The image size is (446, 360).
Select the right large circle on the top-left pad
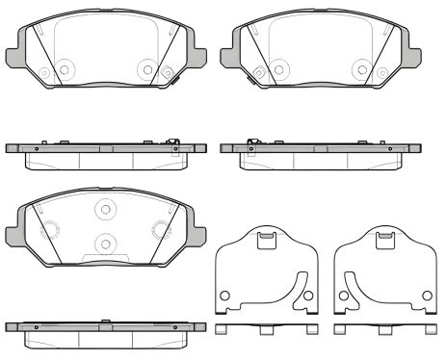(x=145, y=68)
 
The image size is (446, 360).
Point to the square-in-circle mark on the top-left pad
(x=168, y=70)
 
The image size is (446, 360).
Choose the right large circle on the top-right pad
(x=361, y=68)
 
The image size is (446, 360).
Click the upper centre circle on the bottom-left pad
(x=104, y=210)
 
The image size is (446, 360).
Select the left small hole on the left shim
(x=224, y=295)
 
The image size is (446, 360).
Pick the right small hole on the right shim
(x=423, y=295)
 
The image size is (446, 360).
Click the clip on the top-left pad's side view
(x=172, y=144)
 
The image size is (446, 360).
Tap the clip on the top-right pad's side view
(x=252, y=144)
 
